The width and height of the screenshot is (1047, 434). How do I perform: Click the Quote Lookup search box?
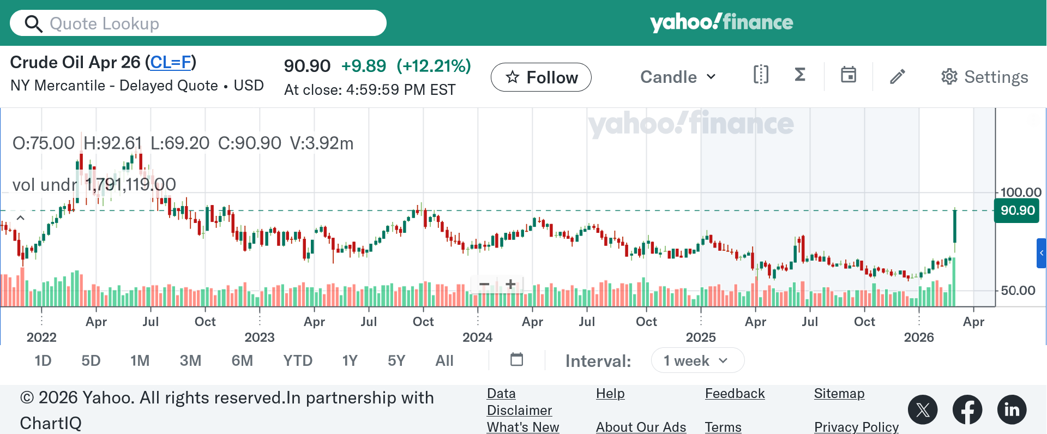[207, 23]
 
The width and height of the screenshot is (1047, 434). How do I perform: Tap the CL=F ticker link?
[171, 63]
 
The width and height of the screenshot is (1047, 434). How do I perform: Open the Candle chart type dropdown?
[678, 77]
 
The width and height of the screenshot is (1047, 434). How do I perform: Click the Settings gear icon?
[949, 77]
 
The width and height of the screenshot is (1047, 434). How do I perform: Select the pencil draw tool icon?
[898, 76]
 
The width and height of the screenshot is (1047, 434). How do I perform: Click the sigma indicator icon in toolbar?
[800, 75]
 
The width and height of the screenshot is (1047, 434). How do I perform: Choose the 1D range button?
[43, 361]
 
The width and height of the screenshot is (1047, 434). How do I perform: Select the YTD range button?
[298, 361]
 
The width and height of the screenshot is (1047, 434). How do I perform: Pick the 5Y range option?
[396, 361]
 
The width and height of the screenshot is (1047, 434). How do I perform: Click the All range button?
[444, 361]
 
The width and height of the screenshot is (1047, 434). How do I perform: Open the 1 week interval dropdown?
[697, 361]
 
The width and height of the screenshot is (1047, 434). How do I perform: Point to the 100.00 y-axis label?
[1021, 192]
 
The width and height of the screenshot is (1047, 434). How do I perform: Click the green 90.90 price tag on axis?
[1017, 210]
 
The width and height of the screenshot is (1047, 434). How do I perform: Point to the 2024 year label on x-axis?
[477, 337]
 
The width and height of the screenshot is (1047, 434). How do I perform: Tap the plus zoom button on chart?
[510, 284]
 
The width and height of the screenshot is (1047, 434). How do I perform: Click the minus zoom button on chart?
[484, 284]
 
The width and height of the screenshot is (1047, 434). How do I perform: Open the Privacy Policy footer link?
[856, 427]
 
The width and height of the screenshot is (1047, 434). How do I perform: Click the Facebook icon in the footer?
[967, 409]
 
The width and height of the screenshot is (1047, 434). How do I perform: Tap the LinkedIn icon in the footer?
[1012, 409]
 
